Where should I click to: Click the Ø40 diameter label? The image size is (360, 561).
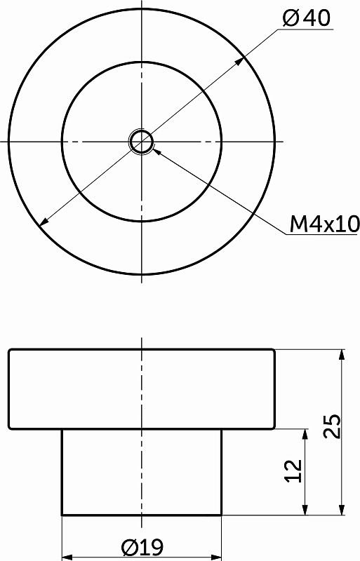click(306, 18)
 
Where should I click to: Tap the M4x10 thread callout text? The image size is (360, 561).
click(324, 224)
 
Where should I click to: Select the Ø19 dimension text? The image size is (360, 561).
click(142, 547)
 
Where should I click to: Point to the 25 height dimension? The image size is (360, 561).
click(332, 426)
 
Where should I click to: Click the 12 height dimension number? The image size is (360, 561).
click(294, 471)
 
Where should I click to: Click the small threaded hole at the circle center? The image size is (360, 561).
click(142, 142)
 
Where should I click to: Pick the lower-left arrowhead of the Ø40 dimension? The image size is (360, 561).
click(44, 222)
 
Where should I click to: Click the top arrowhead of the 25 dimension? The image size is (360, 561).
click(342, 355)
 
